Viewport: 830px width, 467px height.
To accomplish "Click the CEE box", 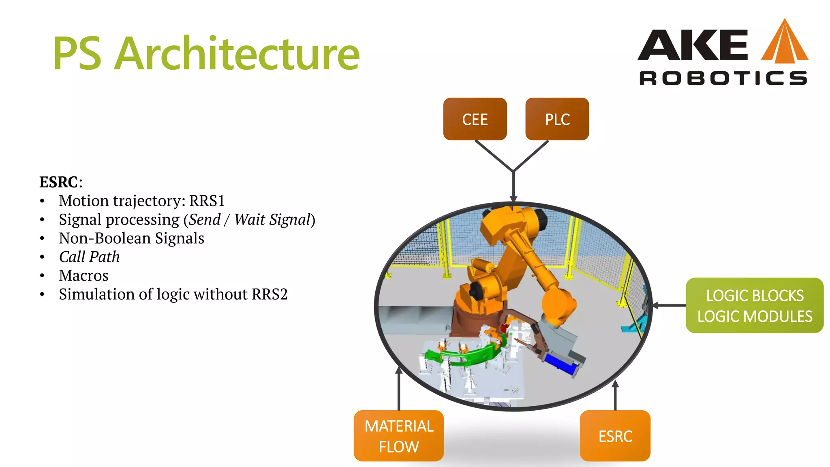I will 475,119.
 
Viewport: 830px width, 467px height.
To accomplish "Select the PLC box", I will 557,119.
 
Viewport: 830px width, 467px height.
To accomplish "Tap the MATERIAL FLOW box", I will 399,436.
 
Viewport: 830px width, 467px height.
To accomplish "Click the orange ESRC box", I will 615,436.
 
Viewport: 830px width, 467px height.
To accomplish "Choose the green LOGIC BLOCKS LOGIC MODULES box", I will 754,306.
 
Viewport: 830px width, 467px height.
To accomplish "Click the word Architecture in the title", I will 237,54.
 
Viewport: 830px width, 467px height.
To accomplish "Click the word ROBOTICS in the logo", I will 723,78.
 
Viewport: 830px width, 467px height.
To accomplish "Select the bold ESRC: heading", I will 60,182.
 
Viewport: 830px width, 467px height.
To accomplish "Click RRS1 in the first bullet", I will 207,201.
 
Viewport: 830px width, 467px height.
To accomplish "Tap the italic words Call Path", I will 89,257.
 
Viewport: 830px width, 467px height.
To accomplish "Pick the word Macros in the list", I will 83,276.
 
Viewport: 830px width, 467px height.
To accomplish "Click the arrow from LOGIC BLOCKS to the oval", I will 669,305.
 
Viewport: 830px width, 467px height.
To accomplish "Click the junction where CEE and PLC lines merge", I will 513,171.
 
